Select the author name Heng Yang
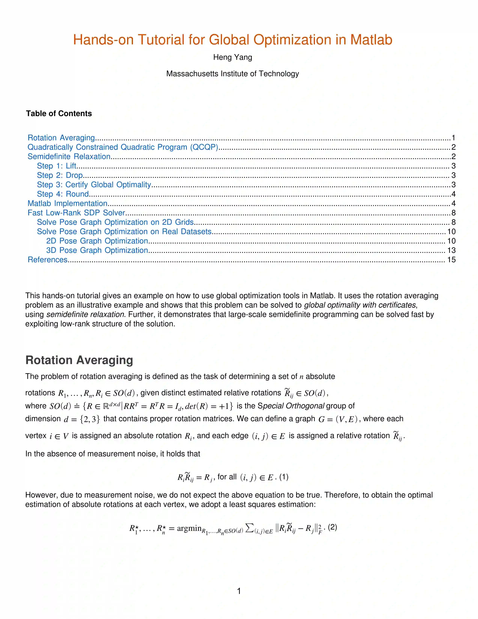coord(232,57)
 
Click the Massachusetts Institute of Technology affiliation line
coord(232,74)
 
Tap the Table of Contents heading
coord(59,114)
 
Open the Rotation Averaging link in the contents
coord(61,138)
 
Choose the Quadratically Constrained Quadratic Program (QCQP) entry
coord(123,147)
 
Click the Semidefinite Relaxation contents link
coord(69,156)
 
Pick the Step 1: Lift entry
coord(57,166)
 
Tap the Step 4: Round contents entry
coord(63,194)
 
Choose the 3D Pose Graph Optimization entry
coord(97,250)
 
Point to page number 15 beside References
coord(451,260)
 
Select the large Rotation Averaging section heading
coord(79,360)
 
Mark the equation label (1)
coord(284,477)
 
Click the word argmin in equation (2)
coord(189,528)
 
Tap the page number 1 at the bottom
coord(239,591)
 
